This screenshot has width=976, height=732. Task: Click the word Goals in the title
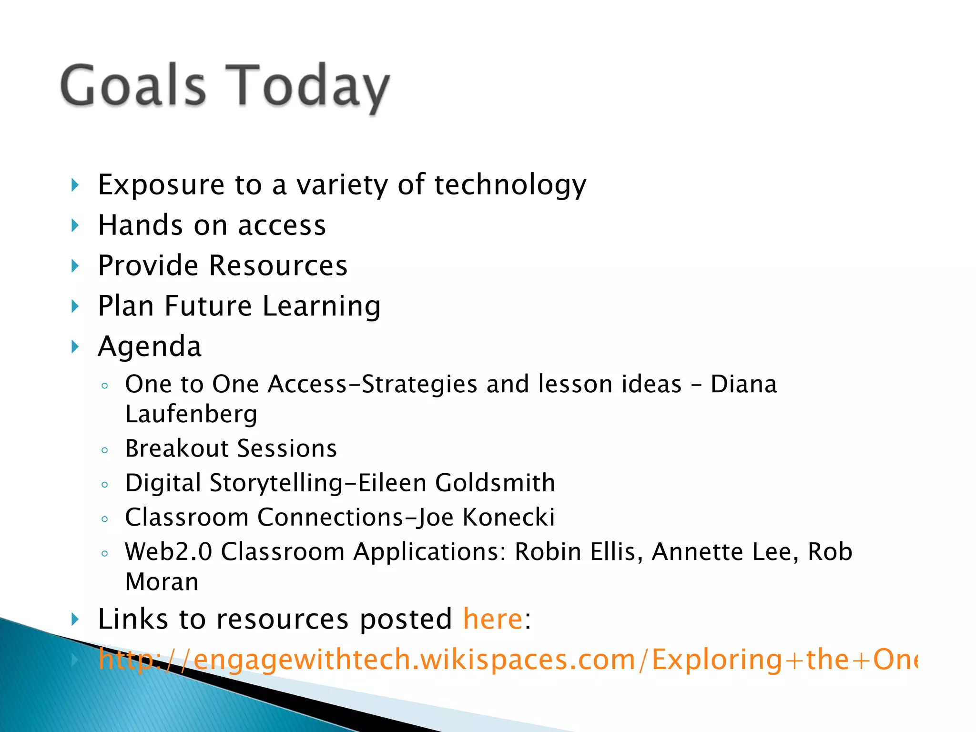pyautogui.click(x=133, y=86)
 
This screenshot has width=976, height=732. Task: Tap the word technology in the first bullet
pyautogui.click(x=510, y=185)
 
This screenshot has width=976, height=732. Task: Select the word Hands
pyautogui.click(x=140, y=225)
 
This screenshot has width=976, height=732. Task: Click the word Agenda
pyautogui.click(x=150, y=346)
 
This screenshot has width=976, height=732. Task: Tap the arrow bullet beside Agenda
pyautogui.click(x=75, y=346)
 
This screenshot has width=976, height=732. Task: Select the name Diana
pyautogui.click(x=743, y=384)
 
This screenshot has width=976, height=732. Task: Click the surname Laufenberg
pyautogui.click(x=191, y=414)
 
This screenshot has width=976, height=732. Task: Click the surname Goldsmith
pyautogui.click(x=495, y=483)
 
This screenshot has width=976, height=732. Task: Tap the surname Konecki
pyautogui.click(x=508, y=517)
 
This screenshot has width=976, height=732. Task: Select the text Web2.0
pyautogui.click(x=168, y=552)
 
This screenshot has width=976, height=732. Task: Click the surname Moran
pyautogui.click(x=162, y=582)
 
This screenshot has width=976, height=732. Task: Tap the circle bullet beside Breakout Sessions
pyautogui.click(x=105, y=450)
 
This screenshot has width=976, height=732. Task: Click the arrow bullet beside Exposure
pyautogui.click(x=75, y=185)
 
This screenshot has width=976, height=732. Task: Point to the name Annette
pyautogui.click(x=696, y=552)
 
